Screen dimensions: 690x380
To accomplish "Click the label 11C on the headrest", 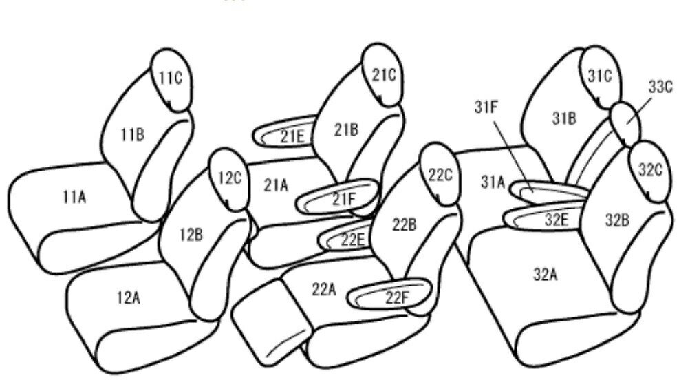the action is point(170,78).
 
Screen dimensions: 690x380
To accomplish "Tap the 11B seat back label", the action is point(133,134).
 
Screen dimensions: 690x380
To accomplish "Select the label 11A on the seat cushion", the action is point(74,198).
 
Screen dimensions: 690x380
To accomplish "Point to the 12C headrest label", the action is point(230,178).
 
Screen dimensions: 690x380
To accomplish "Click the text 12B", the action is point(191,235).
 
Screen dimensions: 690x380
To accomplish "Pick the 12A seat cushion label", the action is point(129,298).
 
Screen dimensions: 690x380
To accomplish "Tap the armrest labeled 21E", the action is point(285,131).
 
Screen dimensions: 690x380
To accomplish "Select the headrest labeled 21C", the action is point(382,75).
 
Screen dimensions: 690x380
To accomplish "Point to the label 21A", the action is point(276,185).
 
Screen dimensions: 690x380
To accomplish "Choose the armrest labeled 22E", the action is point(346,235).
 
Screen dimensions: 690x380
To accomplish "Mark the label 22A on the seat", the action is point(324,289).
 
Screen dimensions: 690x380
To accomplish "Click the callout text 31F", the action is point(486,107).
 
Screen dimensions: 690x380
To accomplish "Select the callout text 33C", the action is point(660,87).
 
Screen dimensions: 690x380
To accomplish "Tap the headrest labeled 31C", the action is point(601,76).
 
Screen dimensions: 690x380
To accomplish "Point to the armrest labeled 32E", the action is point(546,218).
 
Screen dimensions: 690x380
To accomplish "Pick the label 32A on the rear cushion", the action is point(546,274).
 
